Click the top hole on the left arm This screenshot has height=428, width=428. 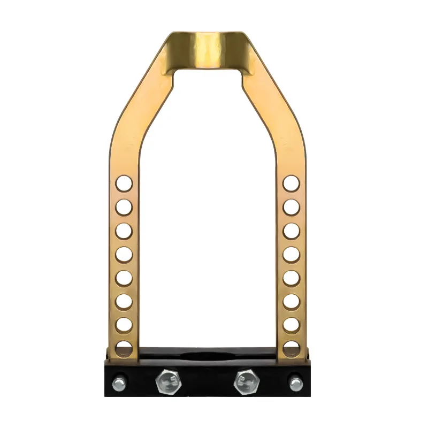click(124, 183)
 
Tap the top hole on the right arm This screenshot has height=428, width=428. click(292, 183)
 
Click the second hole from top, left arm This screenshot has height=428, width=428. click(124, 207)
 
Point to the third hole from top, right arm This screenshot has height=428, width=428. click(292, 230)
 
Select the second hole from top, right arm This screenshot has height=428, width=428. click(292, 207)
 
